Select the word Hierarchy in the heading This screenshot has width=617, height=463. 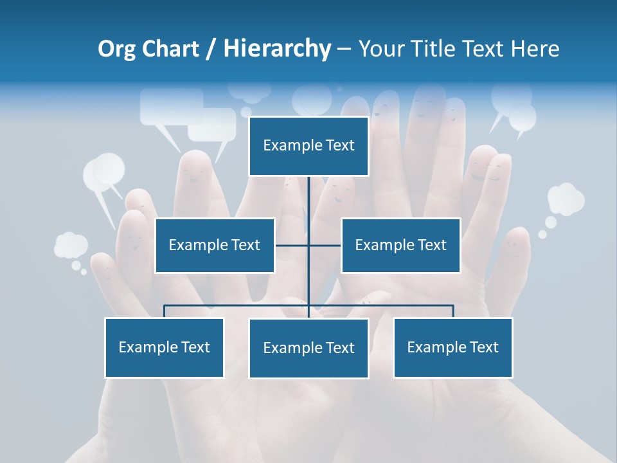point(277,49)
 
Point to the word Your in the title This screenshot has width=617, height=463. point(380,49)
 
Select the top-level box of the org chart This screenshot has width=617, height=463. point(308,146)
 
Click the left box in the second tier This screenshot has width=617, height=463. point(215,245)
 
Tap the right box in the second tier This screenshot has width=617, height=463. point(400,245)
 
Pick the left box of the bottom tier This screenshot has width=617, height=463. point(165,347)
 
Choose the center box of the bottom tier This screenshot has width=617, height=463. point(308,348)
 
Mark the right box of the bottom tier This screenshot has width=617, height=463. point(452,347)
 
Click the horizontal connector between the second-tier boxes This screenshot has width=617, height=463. point(292,245)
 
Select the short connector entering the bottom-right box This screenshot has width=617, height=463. point(452,311)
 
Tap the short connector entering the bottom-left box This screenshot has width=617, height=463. point(165,311)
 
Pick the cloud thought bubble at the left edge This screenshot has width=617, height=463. point(71,245)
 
